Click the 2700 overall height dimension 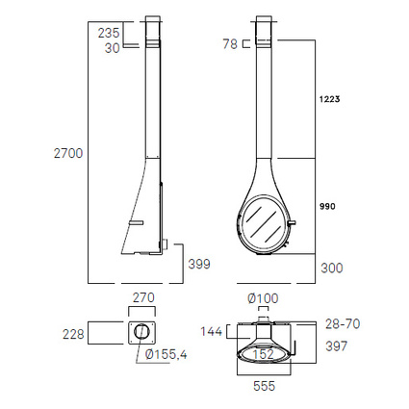pyautogui.click(x=68, y=153)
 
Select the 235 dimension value pyautogui.click(x=109, y=33)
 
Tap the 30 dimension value pyautogui.click(x=112, y=48)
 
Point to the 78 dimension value pyautogui.click(x=230, y=44)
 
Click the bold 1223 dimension pyautogui.click(x=329, y=99)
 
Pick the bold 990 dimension pyautogui.click(x=327, y=206)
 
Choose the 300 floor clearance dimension pyautogui.click(x=332, y=268)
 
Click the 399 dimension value pyautogui.click(x=199, y=264)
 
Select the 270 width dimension pyautogui.click(x=143, y=297)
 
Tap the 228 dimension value pyautogui.click(x=73, y=334)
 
